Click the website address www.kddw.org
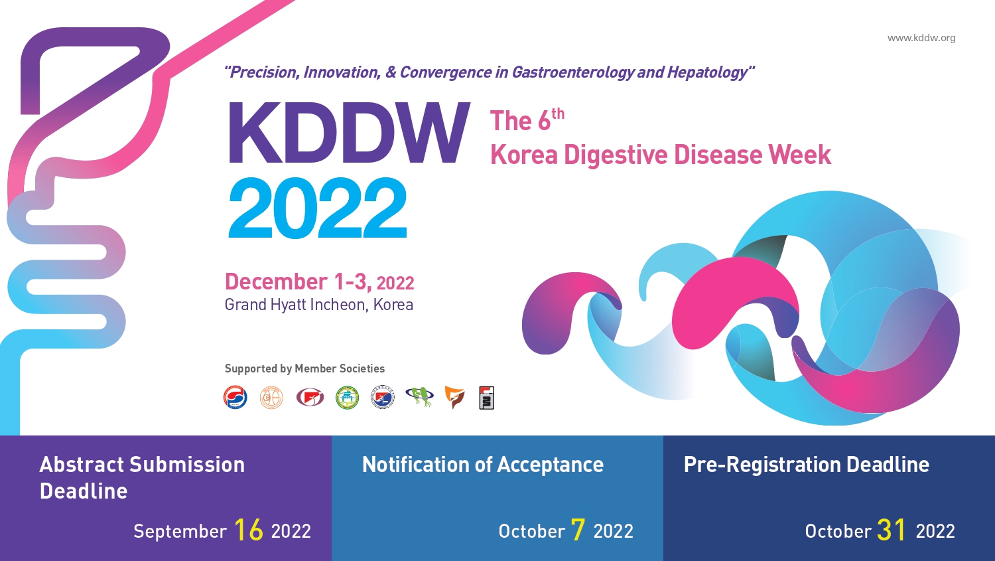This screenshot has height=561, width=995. pos(921,38)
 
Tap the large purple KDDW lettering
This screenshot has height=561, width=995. pos(349,133)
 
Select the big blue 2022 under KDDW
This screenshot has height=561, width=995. pos(318,208)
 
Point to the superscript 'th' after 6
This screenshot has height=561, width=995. pos(558,114)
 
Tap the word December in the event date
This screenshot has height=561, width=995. pos(277,282)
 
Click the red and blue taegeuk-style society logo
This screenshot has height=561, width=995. pos(235,397)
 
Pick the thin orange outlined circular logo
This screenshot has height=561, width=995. pos(271,397)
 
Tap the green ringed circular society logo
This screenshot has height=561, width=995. pos(347,397)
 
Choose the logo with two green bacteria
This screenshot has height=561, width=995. pos(420,396)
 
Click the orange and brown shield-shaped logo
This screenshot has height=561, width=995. pos(454,397)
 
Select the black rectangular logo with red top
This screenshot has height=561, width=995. pos(486,398)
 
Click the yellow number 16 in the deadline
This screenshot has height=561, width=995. pos(248,530)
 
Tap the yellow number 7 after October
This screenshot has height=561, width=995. pos(578,530)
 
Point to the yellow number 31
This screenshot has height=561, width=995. pos(891,530)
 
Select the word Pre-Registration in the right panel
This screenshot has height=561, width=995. pos(762,465)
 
